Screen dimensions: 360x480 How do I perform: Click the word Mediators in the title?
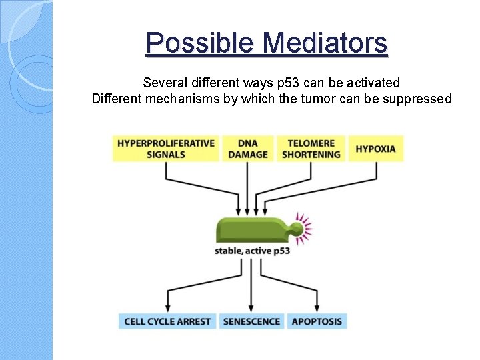325,43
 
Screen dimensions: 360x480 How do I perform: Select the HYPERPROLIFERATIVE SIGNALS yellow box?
166,149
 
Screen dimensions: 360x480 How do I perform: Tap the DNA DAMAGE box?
248,149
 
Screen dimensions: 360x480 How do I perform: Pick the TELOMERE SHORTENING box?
311,149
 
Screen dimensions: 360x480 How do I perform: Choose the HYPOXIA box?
376,149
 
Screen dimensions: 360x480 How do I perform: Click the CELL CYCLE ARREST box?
167,321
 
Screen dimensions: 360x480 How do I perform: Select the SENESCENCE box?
251,321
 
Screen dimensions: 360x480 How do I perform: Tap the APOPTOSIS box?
317,321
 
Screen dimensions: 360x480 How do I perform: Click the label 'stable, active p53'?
252,251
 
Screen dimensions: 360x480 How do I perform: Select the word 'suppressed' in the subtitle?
418,99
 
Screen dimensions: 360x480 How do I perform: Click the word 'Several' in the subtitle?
164,83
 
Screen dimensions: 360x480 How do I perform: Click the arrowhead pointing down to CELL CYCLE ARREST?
167,307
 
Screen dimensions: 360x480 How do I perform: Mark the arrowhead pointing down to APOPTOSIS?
317,307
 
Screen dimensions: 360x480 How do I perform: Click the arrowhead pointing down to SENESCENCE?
251,307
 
